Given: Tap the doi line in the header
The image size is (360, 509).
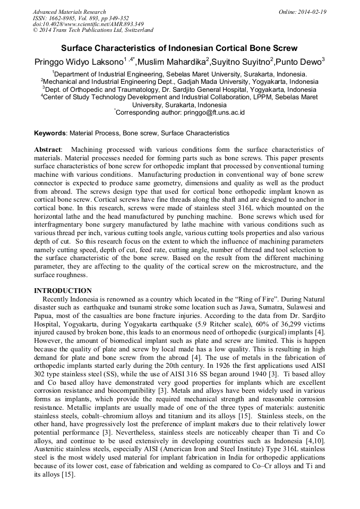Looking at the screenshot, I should pyautogui.click(x=88, y=24).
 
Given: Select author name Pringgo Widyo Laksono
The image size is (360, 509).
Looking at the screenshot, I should pyautogui.click(x=79, y=62).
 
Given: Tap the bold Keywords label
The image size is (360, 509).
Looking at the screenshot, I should pyautogui.click(x=50, y=133).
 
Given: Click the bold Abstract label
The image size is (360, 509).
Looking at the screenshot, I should pyautogui.click(x=47, y=150).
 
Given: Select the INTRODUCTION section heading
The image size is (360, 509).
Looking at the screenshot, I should pyautogui.click(x=63, y=291).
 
